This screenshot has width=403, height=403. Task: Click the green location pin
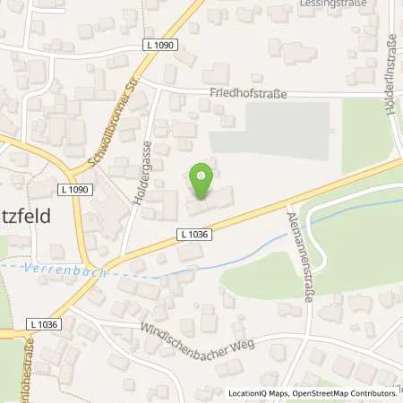click(x=203, y=177)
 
